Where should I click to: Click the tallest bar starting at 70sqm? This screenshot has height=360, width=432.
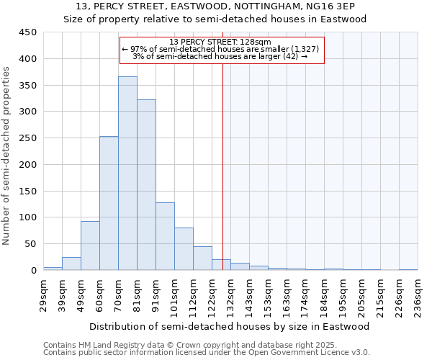[127, 173]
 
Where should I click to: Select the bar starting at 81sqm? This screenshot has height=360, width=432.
[146, 184]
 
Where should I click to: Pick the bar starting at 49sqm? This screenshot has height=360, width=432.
[90, 246]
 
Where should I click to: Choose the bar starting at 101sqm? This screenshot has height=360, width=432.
[184, 248]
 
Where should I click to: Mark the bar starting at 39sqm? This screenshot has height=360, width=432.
[71, 264]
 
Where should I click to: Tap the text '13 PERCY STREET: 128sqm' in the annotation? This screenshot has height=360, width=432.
[222, 42]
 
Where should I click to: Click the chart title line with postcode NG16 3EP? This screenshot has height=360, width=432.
[216, 6]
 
